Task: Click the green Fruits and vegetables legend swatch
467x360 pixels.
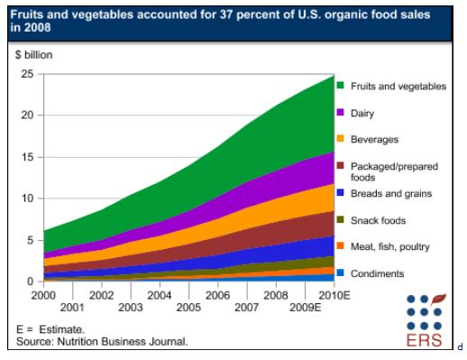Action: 340,85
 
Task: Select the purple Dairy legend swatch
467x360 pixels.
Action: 340,112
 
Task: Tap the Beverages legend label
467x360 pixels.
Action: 374,140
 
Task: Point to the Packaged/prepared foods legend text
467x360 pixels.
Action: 394,171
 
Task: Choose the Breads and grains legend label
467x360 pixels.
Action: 391,193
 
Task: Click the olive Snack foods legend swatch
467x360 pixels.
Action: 340,219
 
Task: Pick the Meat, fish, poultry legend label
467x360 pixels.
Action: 390,247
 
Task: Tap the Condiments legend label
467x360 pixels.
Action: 377,273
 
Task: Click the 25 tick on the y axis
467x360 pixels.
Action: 27,74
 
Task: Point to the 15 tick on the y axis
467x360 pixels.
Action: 27,157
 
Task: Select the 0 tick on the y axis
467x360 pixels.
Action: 30,282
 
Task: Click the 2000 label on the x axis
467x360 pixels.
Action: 43,296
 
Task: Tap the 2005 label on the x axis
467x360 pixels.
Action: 188,308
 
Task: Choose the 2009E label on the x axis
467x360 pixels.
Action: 305,308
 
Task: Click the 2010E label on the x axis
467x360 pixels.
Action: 334,296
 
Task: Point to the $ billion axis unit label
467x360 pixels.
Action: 34,55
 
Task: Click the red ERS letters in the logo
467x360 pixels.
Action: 424,340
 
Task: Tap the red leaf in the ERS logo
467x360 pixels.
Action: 438,300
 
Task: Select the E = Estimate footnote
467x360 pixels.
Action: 50,329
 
